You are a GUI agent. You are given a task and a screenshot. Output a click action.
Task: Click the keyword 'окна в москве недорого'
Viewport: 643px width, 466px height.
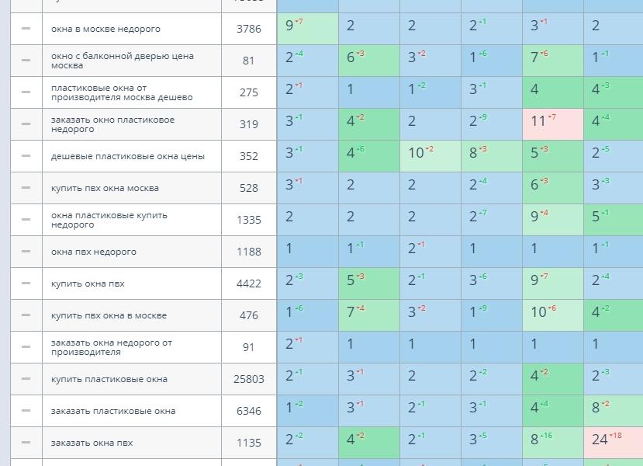(x=105, y=29)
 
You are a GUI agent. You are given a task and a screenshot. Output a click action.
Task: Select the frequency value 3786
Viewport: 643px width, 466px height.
(x=249, y=29)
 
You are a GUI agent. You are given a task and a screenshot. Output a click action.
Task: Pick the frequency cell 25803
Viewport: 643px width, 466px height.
(x=249, y=379)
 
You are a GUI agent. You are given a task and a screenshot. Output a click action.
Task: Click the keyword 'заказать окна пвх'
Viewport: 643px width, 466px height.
(x=92, y=443)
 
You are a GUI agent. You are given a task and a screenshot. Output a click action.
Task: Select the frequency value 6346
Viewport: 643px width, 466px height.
(x=249, y=411)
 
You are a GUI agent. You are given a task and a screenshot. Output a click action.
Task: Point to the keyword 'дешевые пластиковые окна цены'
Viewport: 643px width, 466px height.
(x=128, y=156)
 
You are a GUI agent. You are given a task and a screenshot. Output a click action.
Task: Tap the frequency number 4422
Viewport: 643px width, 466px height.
(x=249, y=283)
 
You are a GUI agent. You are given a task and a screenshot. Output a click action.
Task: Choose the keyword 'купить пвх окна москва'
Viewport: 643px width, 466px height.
(x=105, y=188)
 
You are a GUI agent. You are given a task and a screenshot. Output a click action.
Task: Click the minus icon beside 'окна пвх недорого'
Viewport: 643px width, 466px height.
(x=26, y=251)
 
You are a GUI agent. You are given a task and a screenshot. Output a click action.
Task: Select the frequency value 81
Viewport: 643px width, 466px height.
(x=249, y=61)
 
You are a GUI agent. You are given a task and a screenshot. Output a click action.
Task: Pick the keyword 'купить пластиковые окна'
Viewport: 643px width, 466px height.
(x=108, y=379)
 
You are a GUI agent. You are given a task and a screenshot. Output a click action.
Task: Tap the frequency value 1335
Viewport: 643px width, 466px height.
(x=249, y=220)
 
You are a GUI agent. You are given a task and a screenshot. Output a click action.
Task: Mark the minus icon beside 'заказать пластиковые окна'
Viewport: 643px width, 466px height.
(x=26, y=410)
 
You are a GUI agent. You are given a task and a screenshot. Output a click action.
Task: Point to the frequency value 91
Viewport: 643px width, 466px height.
(x=249, y=347)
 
